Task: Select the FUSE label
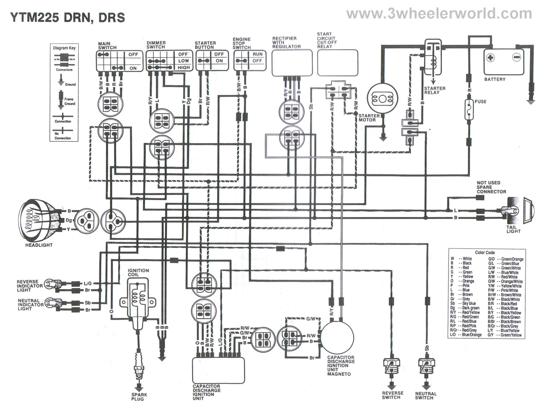[x=480, y=101]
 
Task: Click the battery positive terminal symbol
[x=490, y=57]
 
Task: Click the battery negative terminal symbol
[x=516, y=57]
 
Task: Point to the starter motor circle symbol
[x=382, y=99]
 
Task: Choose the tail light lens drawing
[x=529, y=211]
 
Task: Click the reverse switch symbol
[x=391, y=365]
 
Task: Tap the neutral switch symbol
[x=427, y=365]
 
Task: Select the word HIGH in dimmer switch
[x=184, y=67]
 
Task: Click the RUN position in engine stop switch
[x=258, y=54]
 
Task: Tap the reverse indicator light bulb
[x=50, y=283]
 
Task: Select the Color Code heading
[x=485, y=252]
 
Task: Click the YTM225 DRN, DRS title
[x=67, y=17]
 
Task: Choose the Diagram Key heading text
[x=64, y=48]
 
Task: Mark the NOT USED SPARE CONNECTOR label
[x=491, y=187]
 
